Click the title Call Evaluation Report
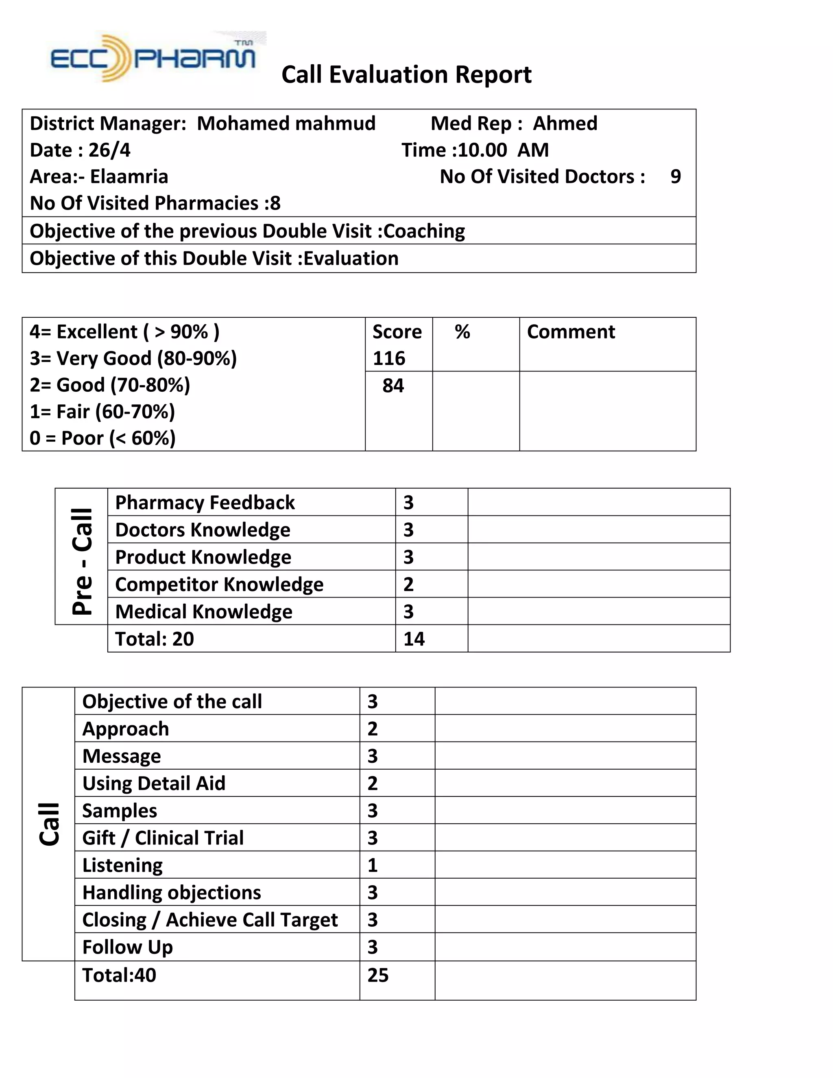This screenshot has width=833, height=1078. pyautogui.click(x=406, y=75)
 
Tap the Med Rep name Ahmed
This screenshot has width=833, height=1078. pyautogui.click(x=565, y=123)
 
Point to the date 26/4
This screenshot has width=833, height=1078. pyautogui.click(x=109, y=150)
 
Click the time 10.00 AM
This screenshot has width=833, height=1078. pyautogui.click(x=504, y=150)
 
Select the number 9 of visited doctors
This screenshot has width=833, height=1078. pyautogui.click(x=675, y=177)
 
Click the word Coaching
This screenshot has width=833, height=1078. pyautogui.click(x=424, y=231)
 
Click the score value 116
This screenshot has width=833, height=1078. pyautogui.click(x=388, y=358)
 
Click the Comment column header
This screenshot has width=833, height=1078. pyautogui.click(x=571, y=332)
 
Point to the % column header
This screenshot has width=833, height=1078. pyautogui.click(x=462, y=332)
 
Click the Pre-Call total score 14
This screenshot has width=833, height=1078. pyautogui.click(x=414, y=639)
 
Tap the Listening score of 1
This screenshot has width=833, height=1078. pyautogui.click(x=373, y=865)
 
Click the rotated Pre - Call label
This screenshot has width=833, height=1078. pyautogui.click(x=82, y=561)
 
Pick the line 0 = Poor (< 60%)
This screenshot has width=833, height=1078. pyautogui.click(x=102, y=438)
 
